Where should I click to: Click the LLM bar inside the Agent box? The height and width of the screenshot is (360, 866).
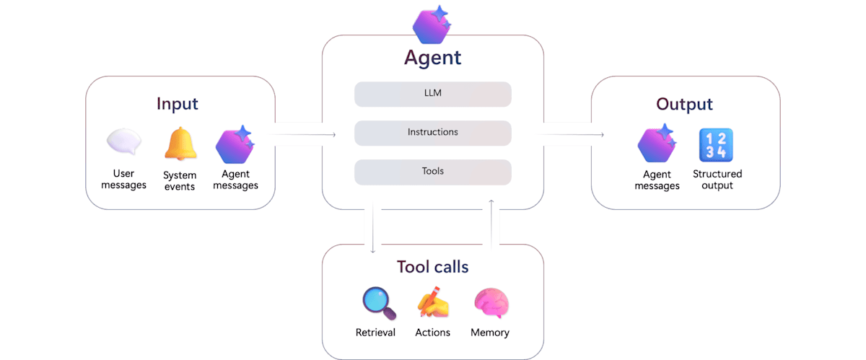[432, 94]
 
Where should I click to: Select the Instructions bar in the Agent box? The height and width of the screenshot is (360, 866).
[432, 133]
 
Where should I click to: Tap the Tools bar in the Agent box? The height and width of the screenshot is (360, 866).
[432, 172]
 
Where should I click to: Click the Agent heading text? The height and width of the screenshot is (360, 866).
[432, 58]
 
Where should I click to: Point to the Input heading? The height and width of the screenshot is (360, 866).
[178, 105]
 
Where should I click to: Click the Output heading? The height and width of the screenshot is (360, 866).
[684, 104]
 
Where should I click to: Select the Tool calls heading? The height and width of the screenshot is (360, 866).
[432, 267]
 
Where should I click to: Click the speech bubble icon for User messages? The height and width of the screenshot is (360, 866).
[124, 141]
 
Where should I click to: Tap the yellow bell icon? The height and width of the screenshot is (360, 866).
[180, 144]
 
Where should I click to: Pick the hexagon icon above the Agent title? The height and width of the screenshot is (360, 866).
[432, 25]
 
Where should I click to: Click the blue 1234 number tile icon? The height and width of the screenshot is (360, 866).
[716, 145]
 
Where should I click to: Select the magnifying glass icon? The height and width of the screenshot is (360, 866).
[380, 303]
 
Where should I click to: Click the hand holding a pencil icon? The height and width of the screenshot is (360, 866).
[433, 302]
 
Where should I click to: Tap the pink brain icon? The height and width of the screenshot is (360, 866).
[491, 303]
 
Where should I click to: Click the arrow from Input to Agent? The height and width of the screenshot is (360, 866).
[302, 135]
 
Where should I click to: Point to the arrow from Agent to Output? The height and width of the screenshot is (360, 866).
[570, 135]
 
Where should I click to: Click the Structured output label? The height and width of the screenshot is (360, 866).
[717, 180]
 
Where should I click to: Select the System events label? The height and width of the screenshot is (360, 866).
[180, 181]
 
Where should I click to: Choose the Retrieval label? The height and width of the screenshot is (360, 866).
[375, 333]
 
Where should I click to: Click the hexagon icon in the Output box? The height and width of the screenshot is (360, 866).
[657, 144]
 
